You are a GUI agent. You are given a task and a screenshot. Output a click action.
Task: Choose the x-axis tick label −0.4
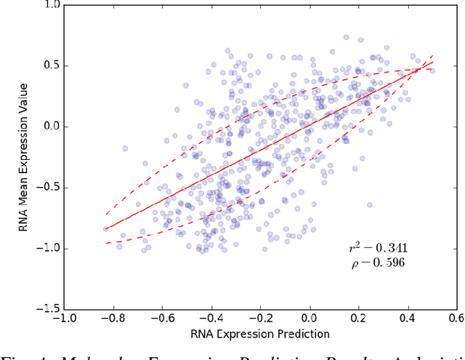(211, 319)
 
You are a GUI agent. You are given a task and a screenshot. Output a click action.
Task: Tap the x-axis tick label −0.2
(259, 319)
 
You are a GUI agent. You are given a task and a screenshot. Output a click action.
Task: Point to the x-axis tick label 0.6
(456, 319)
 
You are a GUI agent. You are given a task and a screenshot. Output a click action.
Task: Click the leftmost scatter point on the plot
(105, 228)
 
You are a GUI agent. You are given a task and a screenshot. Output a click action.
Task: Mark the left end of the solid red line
(106, 228)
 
